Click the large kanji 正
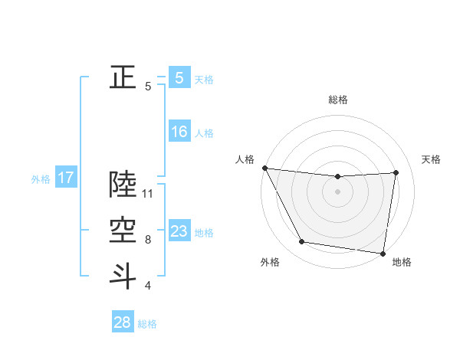(x=123, y=77)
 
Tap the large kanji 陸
(x=123, y=184)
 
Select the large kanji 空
(x=123, y=230)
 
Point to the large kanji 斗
(x=123, y=276)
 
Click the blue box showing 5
(x=179, y=77)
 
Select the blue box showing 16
(x=179, y=132)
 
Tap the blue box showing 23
(x=179, y=231)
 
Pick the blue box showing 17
(x=65, y=178)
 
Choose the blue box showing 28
(x=122, y=322)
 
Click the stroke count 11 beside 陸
(x=148, y=194)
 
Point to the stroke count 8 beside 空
(x=148, y=240)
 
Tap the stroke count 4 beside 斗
(x=148, y=286)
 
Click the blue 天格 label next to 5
(x=204, y=79)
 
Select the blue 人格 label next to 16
(x=204, y=133)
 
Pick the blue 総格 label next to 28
(x=147, y=324)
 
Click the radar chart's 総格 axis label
(x=337, y=100)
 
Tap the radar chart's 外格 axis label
(x=270, y=262)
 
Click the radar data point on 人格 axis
(x=264, y=168)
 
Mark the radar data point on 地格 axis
(x=383, y=253)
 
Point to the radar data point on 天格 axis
(x=396, y=172)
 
